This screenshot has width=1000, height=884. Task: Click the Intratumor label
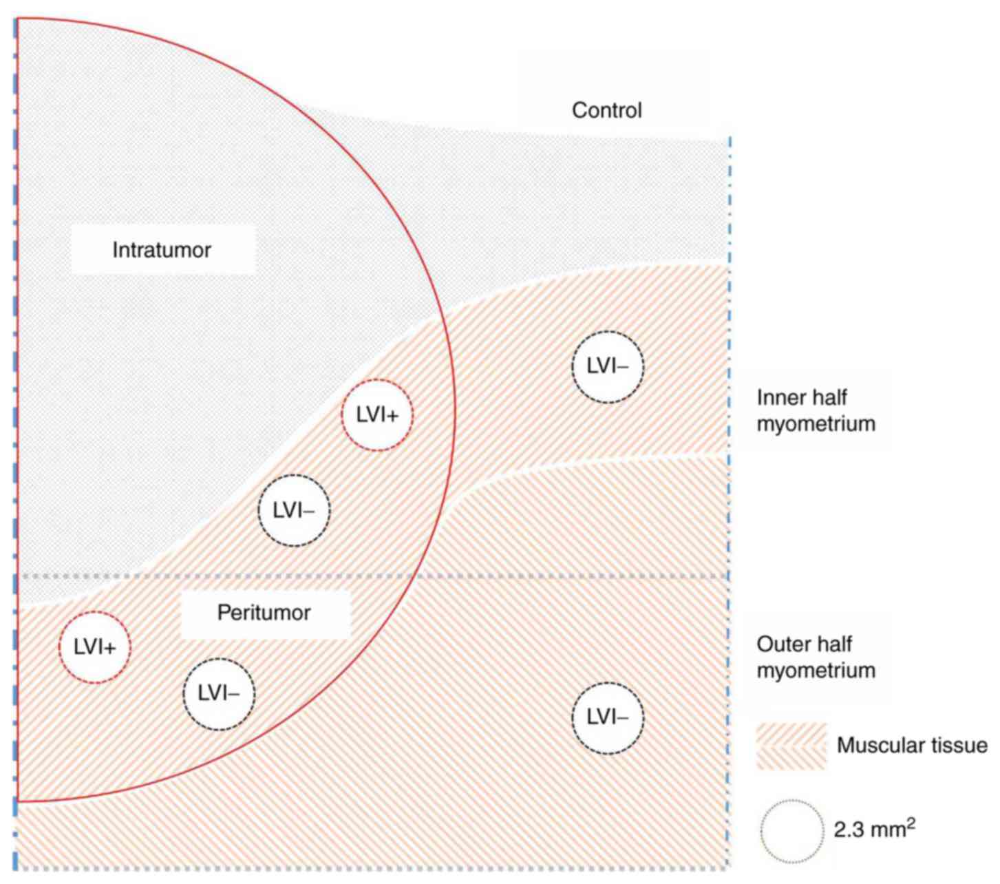162,250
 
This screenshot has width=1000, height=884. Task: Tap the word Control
607,110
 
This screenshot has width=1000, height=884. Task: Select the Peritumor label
264,613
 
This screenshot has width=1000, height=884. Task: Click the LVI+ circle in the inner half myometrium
377,415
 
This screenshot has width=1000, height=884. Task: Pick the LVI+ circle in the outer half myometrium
95,647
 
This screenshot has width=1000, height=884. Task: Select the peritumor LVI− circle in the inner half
294,510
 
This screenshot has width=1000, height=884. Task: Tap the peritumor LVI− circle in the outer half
219,694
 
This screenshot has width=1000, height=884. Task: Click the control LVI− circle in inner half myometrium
608,366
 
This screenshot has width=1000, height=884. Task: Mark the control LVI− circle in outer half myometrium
608,718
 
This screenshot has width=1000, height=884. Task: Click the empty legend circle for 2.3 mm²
793,831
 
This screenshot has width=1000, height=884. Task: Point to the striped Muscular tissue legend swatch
791,746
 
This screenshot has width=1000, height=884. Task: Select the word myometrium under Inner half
816,423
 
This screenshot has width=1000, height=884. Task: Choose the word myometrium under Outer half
816,671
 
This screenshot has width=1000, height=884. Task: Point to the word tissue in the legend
961,745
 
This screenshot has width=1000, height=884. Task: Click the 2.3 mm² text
874,830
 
